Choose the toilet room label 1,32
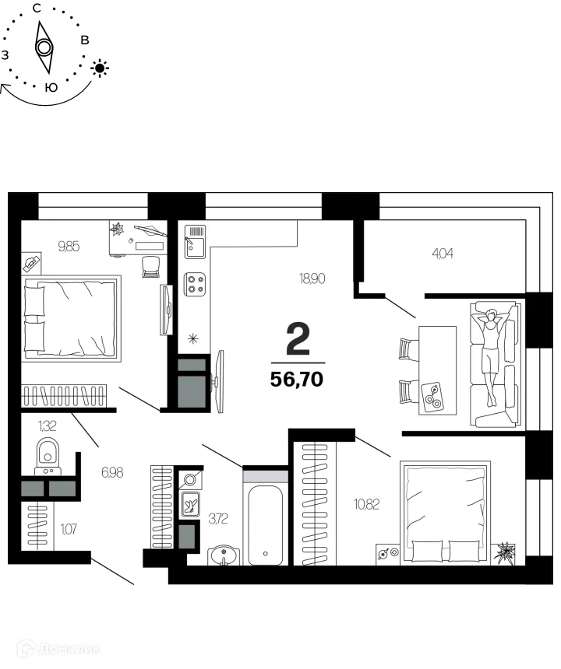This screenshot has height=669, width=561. (48, 425)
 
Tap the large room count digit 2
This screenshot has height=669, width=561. (298, 340)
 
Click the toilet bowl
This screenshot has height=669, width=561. (48, 454)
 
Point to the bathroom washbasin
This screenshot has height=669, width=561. (225, 555)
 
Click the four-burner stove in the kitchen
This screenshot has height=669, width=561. (195, 284)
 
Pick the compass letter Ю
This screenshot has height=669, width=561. (51, 88)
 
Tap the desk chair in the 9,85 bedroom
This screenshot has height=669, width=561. (150, 266)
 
